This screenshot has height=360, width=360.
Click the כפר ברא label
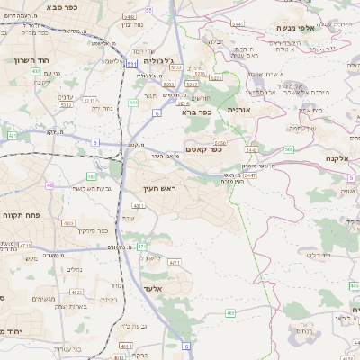pos(195,112)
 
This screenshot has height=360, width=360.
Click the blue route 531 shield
pos(131,64)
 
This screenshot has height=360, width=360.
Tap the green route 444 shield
pos(132,103)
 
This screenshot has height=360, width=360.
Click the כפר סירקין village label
pos(92,230)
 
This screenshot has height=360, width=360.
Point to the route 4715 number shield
pos(25,245)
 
